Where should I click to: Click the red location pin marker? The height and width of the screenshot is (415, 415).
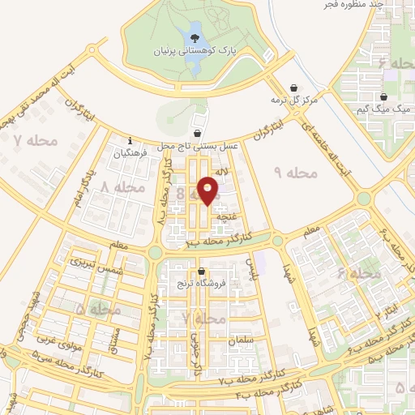(x=208, y=191)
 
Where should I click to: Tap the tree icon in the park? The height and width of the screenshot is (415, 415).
(x=195, y=36)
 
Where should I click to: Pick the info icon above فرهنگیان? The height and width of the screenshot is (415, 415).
(x=130, y=140)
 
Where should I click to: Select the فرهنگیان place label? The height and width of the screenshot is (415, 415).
(x=132, y=152)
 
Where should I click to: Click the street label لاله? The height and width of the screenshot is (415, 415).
(x=229, y=172)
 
